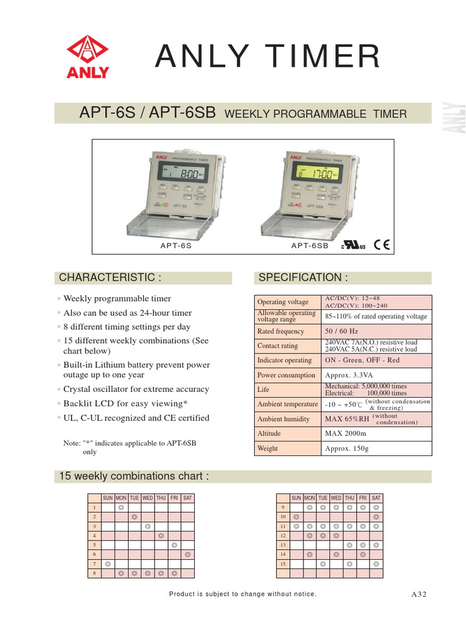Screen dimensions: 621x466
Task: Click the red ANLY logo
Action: tap(87, 58)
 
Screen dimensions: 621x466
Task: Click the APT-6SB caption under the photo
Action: tap(309, 246)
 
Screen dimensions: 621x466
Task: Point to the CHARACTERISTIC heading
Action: tap(110, 278)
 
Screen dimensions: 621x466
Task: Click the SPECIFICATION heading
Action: tap(303, 278)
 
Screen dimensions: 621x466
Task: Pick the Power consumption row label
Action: tap(286, 375)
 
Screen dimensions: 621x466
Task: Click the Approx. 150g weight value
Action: tap(346, 448)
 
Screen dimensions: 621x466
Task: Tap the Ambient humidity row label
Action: tap(283, 419)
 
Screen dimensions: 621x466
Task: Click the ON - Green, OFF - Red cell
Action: tap(362, 360)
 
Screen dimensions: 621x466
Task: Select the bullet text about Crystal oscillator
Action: tap(136, 389)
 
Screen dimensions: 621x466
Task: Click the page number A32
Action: tap(419, 594)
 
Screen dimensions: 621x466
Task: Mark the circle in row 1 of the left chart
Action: tap(120, 506)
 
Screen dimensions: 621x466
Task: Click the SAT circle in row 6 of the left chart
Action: tap(187, 554)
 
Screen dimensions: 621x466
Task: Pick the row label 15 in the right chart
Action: tap(282, 563)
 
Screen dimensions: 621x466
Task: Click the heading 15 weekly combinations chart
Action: tap(133, 476)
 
